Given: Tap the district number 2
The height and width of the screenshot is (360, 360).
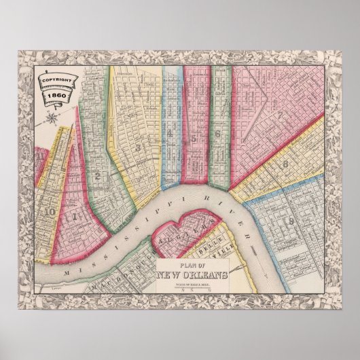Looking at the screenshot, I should pyautogui.click(x=99, y=178).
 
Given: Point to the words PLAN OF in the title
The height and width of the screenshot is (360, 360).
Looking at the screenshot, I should pyautogui.click(x=189, y=266).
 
